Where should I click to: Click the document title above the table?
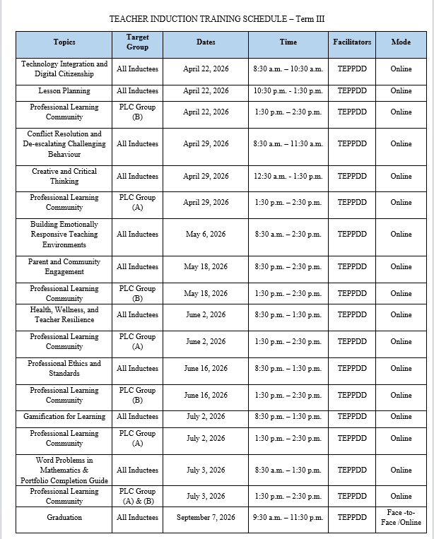(217, 19)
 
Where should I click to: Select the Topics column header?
(64, 42)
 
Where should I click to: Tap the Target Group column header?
(137, 42)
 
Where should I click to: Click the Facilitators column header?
(352, 42)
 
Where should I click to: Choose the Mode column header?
(401, 42)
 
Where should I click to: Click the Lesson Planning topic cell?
(64, 91)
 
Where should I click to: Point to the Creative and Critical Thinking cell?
(64, 177)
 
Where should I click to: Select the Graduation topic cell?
(64, 518)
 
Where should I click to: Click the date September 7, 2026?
(206, 518)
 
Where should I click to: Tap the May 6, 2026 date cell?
(206, 235)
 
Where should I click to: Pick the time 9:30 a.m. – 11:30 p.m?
(288, 518)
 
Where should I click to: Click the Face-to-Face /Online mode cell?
(404, 518)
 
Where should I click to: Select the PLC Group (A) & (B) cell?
(137, 497)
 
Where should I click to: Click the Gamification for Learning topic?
(64, 417)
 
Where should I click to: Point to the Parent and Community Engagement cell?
(64, 267)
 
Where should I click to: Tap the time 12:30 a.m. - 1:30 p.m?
(288, 177)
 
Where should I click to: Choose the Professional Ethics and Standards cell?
(64, 369)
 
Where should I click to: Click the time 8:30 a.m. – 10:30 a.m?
(288, 69)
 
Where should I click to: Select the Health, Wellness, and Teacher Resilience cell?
(64, 315)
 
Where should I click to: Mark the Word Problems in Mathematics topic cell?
(64, 470)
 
